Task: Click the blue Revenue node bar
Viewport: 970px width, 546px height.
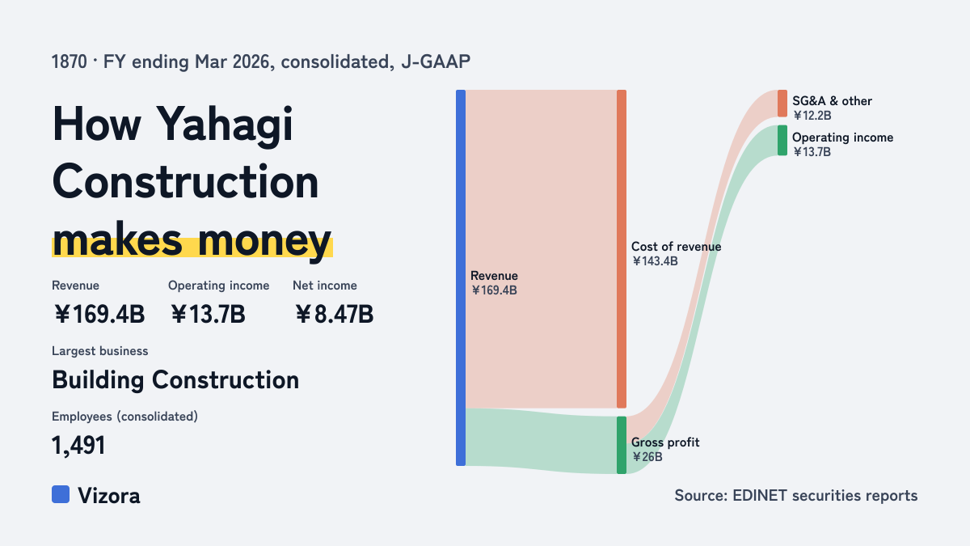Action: (461, 277)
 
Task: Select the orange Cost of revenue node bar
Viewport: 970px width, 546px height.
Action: (622, 249)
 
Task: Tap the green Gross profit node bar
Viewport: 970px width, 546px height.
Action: (622, 445)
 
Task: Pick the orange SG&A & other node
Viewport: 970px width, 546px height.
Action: (782, 104)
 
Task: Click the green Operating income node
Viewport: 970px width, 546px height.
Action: (782, 141)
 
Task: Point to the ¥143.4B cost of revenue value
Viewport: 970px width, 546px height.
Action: (655, 261)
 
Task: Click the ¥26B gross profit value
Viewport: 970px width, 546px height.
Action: (647, 457)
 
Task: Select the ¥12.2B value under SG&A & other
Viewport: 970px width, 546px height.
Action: (812, 116)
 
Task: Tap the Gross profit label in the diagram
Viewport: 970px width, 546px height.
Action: (665, 442)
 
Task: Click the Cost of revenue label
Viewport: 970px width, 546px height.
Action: (676, 247)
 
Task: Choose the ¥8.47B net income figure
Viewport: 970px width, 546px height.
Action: (334, 314)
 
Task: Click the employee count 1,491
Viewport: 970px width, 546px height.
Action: (78, 446)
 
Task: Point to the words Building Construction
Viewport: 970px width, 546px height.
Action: (175, 380)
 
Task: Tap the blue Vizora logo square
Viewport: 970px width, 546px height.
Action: (61, 494)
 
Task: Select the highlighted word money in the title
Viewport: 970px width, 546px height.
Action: (264, 241)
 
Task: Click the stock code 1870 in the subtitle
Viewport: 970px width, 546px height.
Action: (70, 62)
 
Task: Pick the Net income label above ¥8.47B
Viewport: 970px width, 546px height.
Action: (325, 286)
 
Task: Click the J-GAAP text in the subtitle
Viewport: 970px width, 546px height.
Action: (436, 62)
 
